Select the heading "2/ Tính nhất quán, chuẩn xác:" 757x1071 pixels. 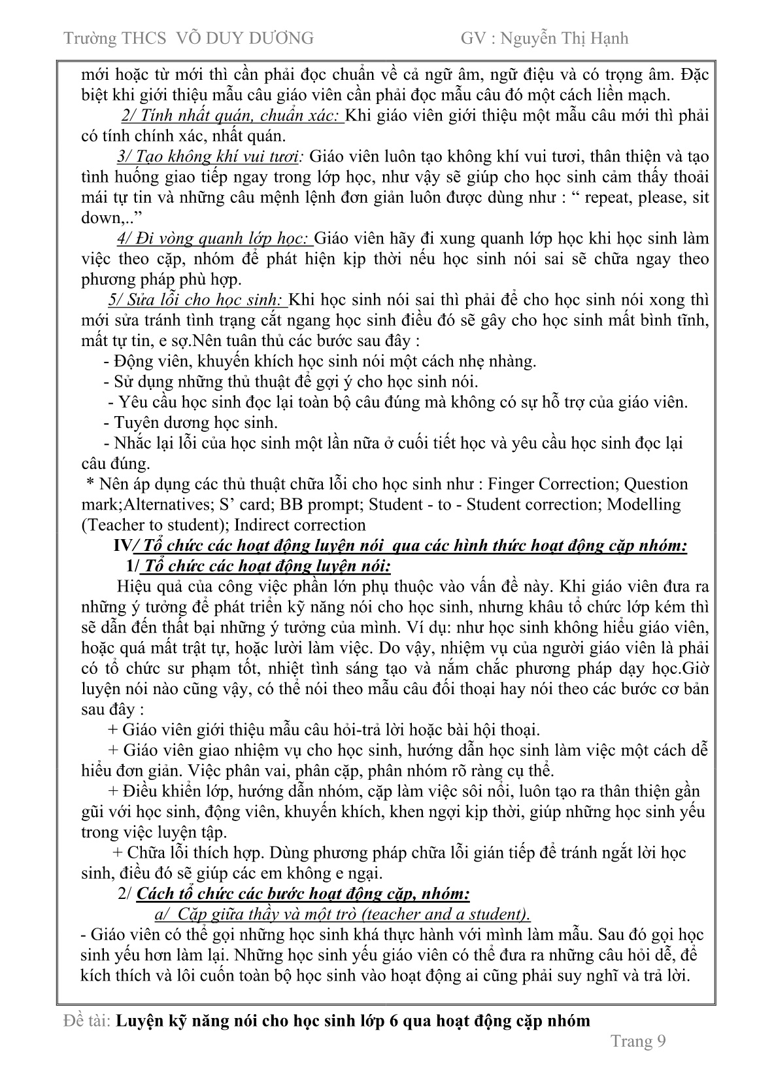click(x=232, y=116)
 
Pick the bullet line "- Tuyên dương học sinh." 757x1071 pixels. click(x=190, y=423)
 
